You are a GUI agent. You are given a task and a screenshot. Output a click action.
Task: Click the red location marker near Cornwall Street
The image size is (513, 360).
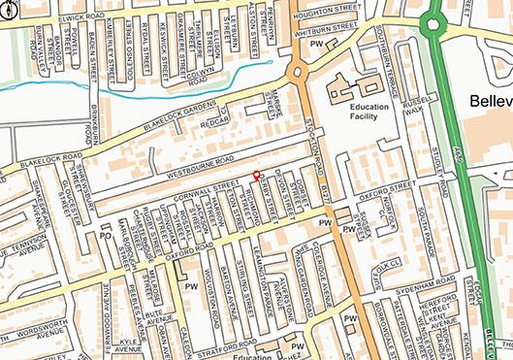click(256, 176)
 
